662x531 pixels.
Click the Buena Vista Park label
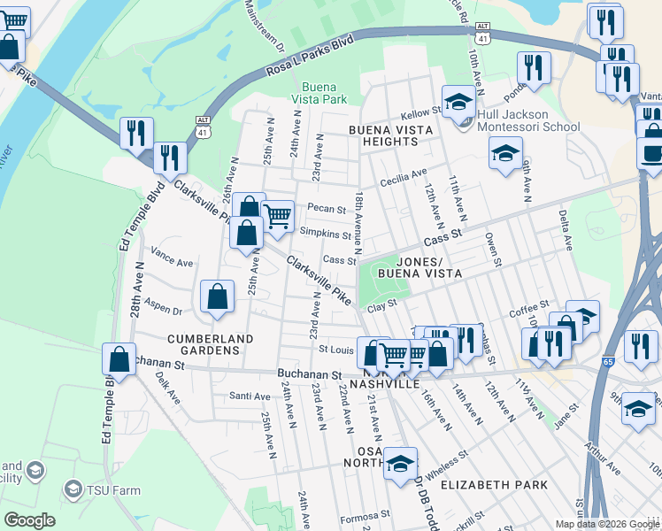pyautogui.click(x=324, y=93)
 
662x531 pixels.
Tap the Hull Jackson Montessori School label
pyautogui.click(x=528, y=120)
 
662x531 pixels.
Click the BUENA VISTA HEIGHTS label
pyautogui.click(x=390, y=135)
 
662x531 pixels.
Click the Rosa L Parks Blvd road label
pyautogui.click(x=311, y=58)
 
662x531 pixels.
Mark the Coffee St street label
pyautogui.click(x=529, y=312)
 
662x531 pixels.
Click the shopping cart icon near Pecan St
pyautogui.click(x=278, y=215)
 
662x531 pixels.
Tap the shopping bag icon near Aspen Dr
pyautogui.click(x=217, y=297)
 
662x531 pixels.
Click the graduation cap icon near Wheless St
pyautogui.click(x=400, y=463)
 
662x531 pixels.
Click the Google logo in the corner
pyautogui.click(x=29, y=520)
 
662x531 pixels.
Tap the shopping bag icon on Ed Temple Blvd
pyautogui.click(x=118, y=359)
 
